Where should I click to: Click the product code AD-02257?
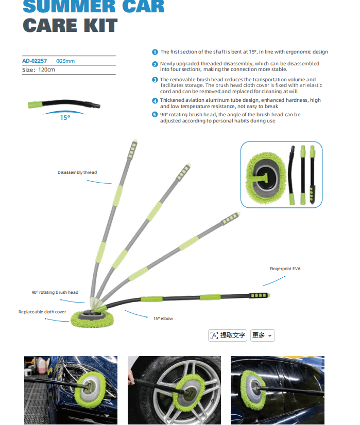[35, 61]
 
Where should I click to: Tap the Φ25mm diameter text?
[65, 61]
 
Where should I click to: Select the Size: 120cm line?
[39, 69]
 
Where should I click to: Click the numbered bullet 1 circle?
[155, 52]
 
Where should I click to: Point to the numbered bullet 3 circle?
[155, 80]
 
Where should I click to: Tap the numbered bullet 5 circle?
[155, 114]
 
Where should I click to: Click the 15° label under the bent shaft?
[65, 118]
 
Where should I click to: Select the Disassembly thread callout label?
[77, 172]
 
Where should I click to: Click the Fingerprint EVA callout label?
[285, 269]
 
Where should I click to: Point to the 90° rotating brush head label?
[55, 292]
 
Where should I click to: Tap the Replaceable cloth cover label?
[42, 312]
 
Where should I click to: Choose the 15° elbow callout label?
[163, 318]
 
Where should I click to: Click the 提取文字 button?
[228, 335]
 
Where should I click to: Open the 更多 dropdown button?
[262, 335]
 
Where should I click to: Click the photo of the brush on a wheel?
[174, 390]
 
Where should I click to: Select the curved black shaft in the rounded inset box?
[292, 175]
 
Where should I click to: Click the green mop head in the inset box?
[266, 178]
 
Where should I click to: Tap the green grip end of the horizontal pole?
[260, 295]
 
